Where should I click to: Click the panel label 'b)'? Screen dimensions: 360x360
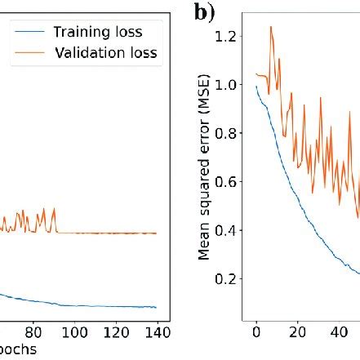[205, 12]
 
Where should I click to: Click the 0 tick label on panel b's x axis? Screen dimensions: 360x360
[256, 332]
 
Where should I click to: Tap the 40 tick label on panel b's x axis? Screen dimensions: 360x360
[340, 332]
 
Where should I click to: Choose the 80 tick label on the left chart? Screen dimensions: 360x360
[33, 332]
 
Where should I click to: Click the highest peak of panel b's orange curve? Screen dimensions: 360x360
[271, 27]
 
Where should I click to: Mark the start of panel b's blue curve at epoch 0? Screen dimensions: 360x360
[256, 87]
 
